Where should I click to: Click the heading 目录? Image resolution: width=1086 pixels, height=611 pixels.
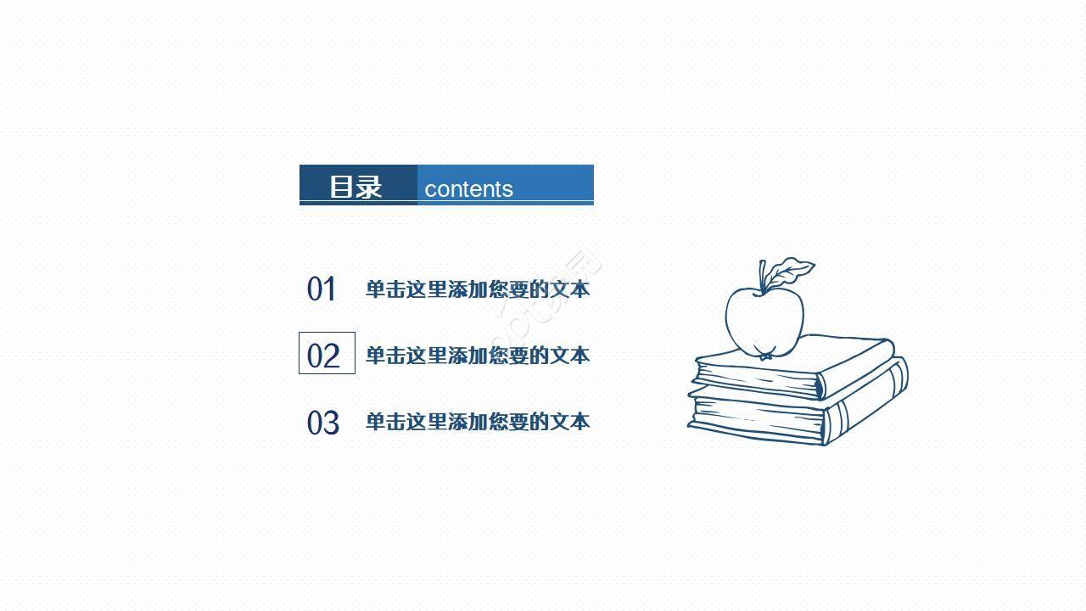[355, 187]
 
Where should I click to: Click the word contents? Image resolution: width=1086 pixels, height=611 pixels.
[468, 189]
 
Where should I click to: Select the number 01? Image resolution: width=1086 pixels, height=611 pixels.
[322, 289]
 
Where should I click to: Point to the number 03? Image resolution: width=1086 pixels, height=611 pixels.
[322, 423]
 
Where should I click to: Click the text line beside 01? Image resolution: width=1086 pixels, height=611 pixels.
[477, 289]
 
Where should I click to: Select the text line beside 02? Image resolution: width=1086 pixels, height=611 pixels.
[477, 356]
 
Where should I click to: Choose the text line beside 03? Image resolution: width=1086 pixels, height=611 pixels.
[477, 422]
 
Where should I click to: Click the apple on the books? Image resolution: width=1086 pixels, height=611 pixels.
[763, 321]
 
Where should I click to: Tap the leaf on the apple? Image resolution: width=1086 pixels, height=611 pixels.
[792, 272]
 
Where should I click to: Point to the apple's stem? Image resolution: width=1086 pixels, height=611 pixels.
[763, 276]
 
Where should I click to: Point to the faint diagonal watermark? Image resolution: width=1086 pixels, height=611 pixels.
[547, 293]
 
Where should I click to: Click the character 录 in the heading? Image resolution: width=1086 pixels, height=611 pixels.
[369, 187]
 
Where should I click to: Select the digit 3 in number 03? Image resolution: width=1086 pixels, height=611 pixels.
[331, 423]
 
